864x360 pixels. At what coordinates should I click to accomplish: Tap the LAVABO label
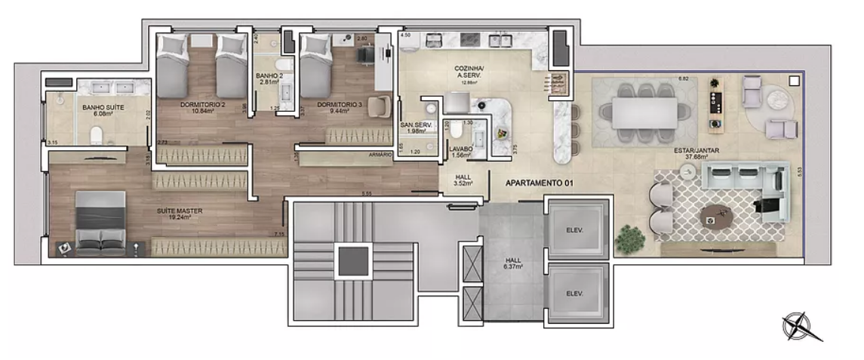pos(462,149)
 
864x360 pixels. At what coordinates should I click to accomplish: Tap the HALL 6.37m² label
pos(512,264)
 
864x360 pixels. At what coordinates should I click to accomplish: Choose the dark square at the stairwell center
pos(352,263)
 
